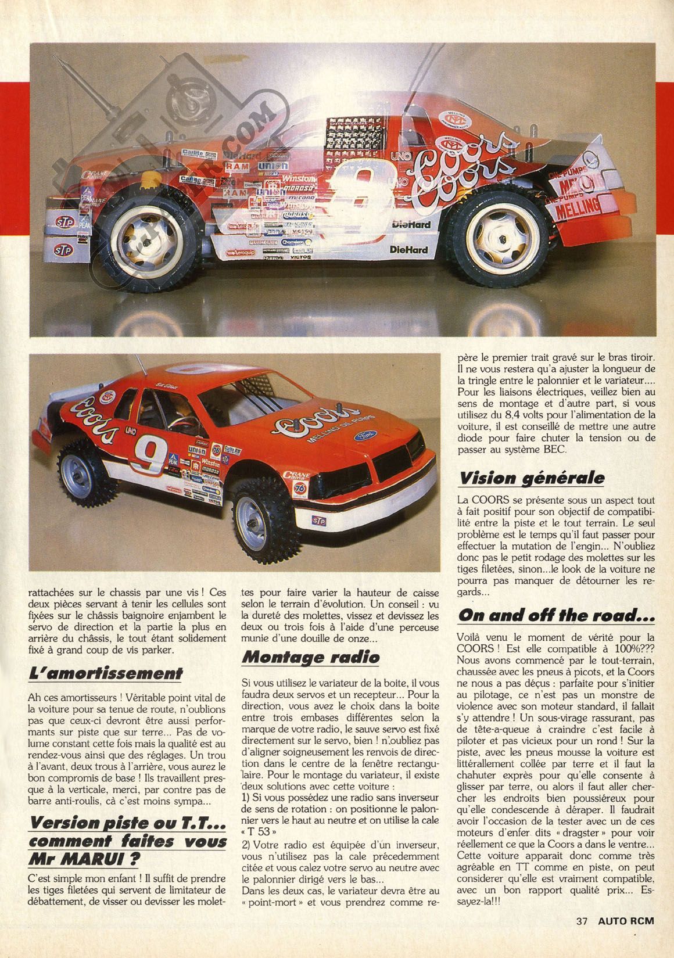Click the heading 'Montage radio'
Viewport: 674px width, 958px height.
(x=310, y=656)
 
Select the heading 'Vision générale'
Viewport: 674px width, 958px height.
(x=531, y=478)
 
